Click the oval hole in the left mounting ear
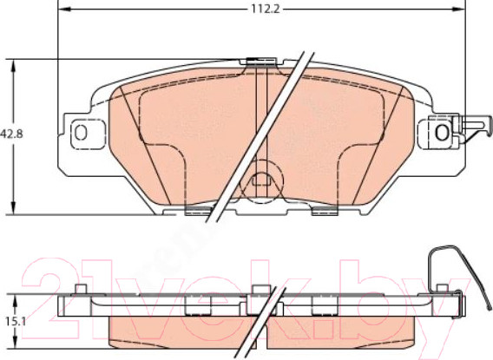(x=81, y=133)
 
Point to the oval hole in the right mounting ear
(x=442, y=132)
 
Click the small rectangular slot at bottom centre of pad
(x=261, y=181)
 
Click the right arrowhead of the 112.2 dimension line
(x=459, y=10)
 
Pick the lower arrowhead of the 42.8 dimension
(x=13, y=208)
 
